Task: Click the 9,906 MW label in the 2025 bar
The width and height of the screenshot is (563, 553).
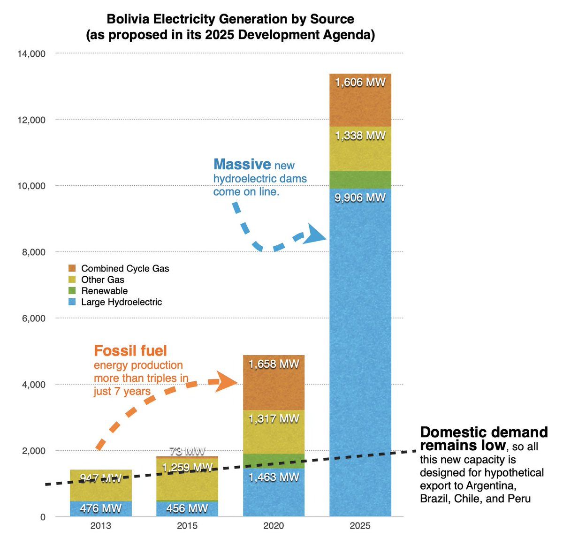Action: [x=360, y=198]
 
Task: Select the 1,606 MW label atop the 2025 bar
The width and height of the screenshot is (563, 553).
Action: [x=360, y=83]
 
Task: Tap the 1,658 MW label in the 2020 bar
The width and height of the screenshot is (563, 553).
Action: [x=274, y=364]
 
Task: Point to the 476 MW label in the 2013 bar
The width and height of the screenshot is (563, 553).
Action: [x=100, y=508]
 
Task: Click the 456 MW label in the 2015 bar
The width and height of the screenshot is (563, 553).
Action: [x=187, y=508]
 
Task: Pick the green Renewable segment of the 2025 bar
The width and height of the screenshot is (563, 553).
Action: [x=360, y=180]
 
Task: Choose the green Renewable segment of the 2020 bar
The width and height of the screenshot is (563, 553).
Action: [x=274, y=461]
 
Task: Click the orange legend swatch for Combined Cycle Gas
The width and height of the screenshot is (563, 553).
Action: [x=72, y=268]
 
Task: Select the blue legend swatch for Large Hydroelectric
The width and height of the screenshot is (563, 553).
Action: [x=72, y=302]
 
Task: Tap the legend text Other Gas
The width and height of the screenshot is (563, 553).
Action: [x=103, y=280]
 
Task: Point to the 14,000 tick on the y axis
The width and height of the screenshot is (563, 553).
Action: [x=31, y=54]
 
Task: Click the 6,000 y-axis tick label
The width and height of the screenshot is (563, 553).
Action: [x=34, y=318]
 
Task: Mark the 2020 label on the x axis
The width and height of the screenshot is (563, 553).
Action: [x=274, y=526]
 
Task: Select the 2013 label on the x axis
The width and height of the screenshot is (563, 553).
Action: [x=100, y=526]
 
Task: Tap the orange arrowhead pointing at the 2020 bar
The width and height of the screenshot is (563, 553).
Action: [x=227, y=381]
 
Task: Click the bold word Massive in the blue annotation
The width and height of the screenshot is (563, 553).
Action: [x=242, y=164]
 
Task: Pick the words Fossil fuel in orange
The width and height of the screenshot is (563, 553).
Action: [x=130, y=350]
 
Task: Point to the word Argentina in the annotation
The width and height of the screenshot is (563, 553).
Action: [x=491, y=485]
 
